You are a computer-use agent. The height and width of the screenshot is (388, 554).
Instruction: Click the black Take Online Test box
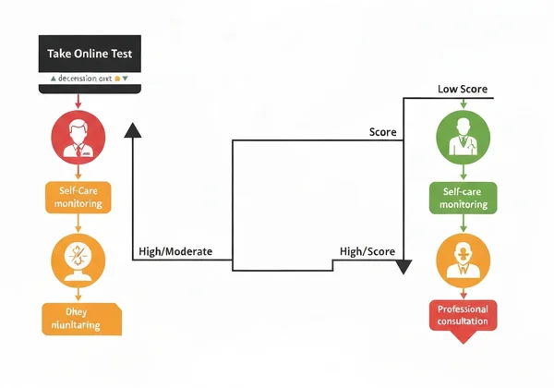click(89, 55)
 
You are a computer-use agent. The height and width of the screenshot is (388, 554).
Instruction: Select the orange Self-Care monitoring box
click(78, 197)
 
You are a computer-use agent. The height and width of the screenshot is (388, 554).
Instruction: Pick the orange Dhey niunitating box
click(81, 318)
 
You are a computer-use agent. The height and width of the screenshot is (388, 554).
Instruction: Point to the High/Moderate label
click(175, 250)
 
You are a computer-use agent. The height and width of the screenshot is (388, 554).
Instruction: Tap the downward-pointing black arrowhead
click(403, 268)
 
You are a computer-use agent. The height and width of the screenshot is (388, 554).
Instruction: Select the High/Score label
click(367, 250)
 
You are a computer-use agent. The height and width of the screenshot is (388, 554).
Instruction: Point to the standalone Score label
click(382, 132)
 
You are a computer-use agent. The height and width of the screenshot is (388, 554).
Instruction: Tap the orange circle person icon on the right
click(460, 258)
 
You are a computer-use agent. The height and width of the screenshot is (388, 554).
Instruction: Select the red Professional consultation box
click(463, 315)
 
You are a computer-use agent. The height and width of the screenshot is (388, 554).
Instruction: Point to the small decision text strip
click(89, 79)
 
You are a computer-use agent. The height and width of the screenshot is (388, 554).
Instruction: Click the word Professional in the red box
click(463, 308)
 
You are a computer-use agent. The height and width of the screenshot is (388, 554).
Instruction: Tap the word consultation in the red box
click(463, 321)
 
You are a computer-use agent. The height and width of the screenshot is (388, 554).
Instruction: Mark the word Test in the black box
click(120, 55)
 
